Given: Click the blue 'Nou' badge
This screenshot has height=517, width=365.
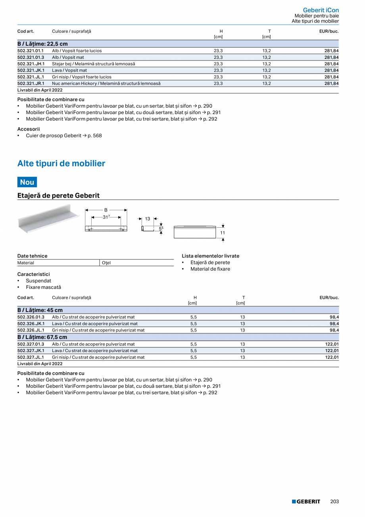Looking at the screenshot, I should tap(27, 182).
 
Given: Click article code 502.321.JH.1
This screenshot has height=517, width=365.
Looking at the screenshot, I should tap(31, 64).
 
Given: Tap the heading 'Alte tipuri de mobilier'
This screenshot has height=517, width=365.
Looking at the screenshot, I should tap(61, 163).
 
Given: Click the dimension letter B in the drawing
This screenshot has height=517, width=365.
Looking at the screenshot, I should tap(106, 210).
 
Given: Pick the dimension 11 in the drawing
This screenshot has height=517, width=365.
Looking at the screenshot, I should tap(223, 232).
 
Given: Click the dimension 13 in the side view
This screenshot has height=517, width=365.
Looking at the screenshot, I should tap(148, 219).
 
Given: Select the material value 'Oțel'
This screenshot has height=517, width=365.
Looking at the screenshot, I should tap(106, 263).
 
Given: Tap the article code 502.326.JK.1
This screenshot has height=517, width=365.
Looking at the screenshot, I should tap(31, 323).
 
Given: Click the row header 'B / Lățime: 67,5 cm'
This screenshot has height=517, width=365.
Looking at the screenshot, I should tap(42, 337).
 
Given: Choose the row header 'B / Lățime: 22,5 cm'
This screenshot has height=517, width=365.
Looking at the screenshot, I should tap(42, 44).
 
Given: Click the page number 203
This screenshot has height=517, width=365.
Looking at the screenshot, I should tap(334, 502).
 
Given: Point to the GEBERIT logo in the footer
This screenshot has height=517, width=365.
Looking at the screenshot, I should tap(306, 502).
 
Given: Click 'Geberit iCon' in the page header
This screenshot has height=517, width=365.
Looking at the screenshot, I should tap(321, 10).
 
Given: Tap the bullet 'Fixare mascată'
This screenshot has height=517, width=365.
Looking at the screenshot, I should tap(44, 287).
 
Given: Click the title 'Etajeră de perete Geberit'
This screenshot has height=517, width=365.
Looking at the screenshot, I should tap(58, 196).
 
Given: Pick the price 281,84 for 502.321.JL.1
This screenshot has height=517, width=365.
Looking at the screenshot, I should tap(331, 77).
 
